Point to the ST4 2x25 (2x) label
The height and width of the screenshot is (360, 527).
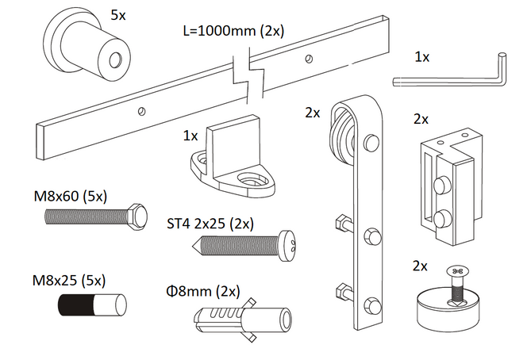coord(210,223)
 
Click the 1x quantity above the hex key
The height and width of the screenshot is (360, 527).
coord(422,56)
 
